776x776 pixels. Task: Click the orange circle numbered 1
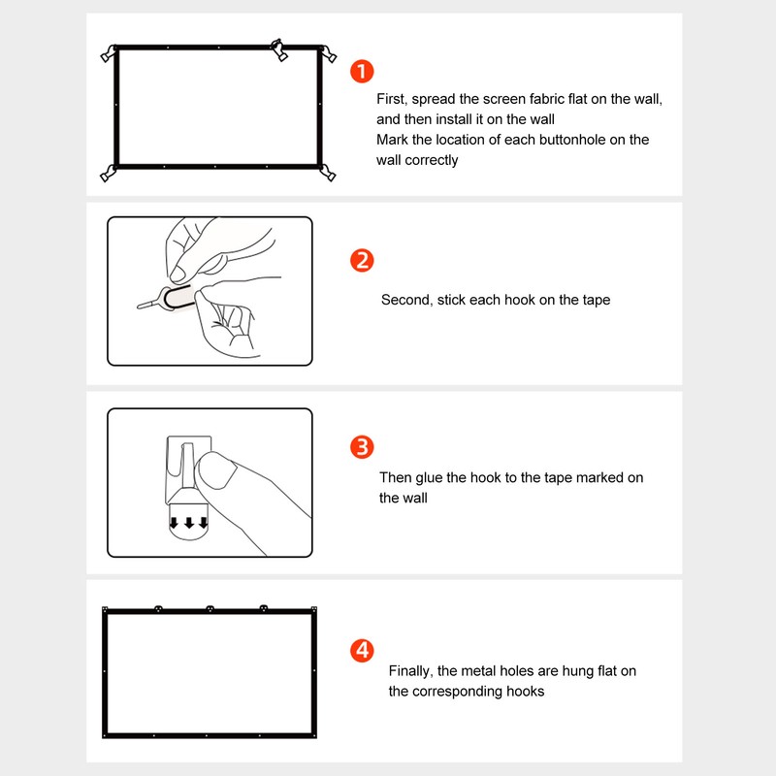tap(361, 71)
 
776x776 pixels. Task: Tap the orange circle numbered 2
tap(361, 260)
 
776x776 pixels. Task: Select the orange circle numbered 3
tap(361, 447)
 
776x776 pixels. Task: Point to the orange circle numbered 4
tap(361, 650)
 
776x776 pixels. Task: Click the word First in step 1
tap(392, 100)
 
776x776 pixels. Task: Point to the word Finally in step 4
tap(411, 671)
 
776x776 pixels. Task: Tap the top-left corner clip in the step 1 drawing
tap(109, 53)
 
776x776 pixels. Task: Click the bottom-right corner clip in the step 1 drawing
tap(327, 174)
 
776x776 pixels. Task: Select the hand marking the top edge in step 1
tap(278, 50)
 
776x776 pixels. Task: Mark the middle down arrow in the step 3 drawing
tap(188, 525)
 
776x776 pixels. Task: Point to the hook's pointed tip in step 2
tap(140, 308)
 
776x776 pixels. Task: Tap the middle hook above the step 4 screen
tap(210, 608)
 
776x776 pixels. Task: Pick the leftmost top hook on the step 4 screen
tap(156, 608)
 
